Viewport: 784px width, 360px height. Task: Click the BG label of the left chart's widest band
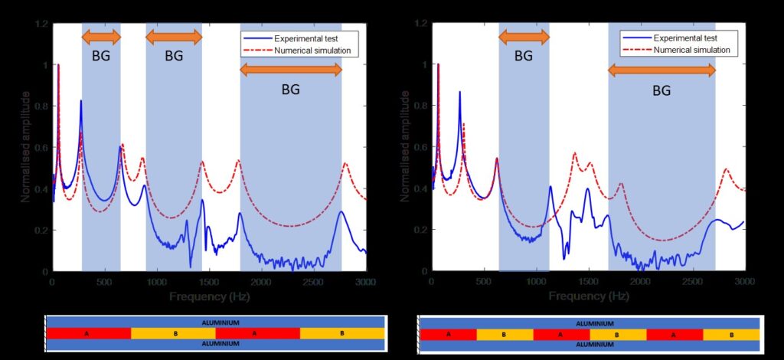290,89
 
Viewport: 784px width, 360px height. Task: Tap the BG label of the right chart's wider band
661,90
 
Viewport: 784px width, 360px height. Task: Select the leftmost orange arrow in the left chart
101,37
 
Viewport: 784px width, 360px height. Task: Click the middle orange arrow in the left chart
174,37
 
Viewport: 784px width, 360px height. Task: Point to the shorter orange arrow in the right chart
524,37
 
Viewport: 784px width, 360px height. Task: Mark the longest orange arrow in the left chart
290,70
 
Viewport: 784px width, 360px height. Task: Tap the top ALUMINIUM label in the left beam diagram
214,322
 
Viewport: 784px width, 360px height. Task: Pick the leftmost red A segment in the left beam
89,334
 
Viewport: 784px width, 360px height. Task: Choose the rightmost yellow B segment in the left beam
341,334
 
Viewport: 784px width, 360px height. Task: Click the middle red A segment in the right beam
561,335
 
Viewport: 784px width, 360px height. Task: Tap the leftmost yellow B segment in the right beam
505,335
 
